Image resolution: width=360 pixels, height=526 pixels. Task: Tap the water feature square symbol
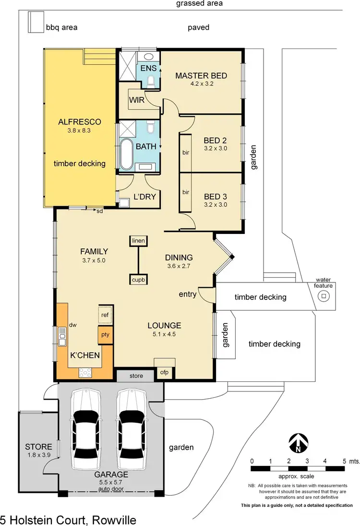point(324,296)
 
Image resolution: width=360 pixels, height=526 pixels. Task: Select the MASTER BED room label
point(201,75)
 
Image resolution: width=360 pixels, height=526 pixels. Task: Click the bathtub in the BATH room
point(126,155)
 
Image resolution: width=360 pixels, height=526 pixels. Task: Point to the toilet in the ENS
point(151,81)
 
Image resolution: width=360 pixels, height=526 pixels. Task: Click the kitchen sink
point(62,336)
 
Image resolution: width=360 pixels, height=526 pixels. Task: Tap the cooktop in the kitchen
point(85,372)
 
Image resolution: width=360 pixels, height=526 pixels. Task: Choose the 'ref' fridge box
point(105,315)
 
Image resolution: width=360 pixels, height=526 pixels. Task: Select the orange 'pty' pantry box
point(106,334)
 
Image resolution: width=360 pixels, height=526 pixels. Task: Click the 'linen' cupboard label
point(138,241)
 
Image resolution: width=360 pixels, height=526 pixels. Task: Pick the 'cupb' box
point(138,280)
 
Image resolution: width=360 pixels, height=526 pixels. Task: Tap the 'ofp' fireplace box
point(164,372)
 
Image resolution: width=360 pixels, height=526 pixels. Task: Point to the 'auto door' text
point(111,489)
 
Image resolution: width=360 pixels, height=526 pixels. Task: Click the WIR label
point(137,99)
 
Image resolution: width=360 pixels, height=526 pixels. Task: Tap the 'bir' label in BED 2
point(186,152)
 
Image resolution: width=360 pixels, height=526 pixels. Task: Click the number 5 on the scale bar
point(344,461)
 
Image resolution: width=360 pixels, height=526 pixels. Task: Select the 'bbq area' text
point(61,27)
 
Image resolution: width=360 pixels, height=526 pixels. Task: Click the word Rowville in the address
point(114,520)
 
